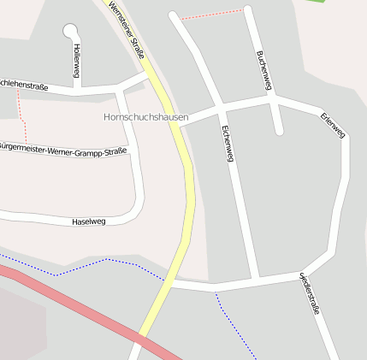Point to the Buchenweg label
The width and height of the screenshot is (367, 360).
tap(263, 69)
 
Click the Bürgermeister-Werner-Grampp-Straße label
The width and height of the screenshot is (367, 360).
tap(64, 152)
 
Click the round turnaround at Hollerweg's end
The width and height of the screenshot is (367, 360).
tap(69, 31)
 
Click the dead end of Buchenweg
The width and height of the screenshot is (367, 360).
tap(278, 132)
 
